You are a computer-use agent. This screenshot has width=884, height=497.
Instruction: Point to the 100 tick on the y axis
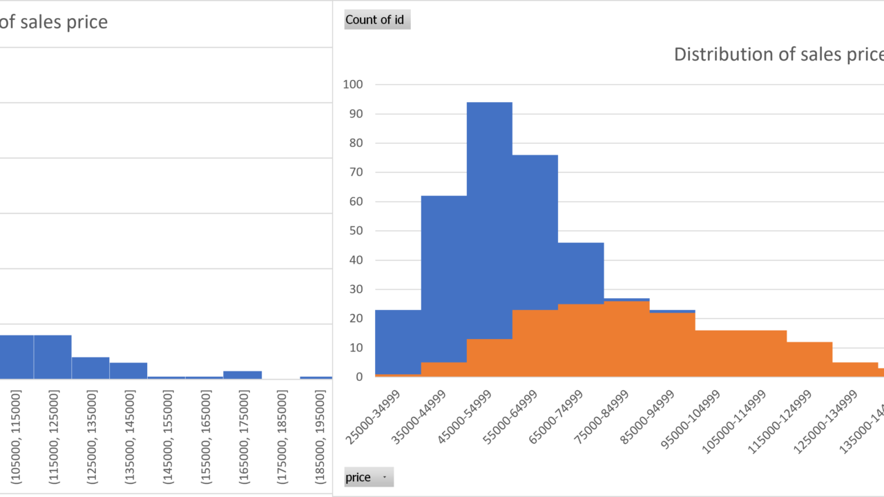tap(353, 85)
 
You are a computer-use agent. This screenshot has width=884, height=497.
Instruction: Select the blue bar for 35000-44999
tap(443, 276)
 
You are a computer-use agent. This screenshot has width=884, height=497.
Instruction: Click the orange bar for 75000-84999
tap(626, 338)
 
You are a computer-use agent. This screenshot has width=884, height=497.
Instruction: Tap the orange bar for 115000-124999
tap(809, 359)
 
